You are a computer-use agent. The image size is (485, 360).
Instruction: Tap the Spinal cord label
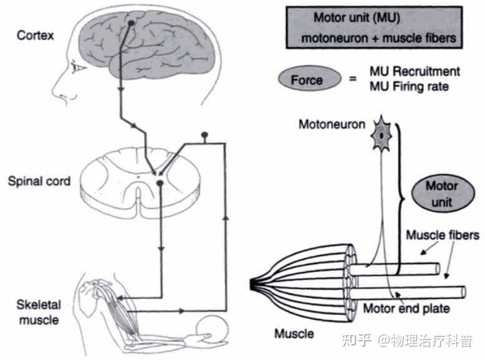point(39,182)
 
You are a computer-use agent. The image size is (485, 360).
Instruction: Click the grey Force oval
point(307,80)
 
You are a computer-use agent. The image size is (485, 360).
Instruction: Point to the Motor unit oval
point(442,194)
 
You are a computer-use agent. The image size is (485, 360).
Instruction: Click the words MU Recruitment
point(415,72)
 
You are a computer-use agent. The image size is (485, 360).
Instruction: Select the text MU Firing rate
point(409,87)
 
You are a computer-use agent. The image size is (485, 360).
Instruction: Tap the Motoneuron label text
point(332,124)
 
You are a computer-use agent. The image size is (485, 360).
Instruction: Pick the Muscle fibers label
point(443,235)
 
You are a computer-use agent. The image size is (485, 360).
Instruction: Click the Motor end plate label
point(406,308)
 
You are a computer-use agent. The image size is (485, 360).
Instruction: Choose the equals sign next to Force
point(352,80)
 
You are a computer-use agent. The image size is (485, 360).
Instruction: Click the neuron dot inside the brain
point(131,23)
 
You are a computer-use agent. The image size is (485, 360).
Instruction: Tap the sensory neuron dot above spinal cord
point(203,135)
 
